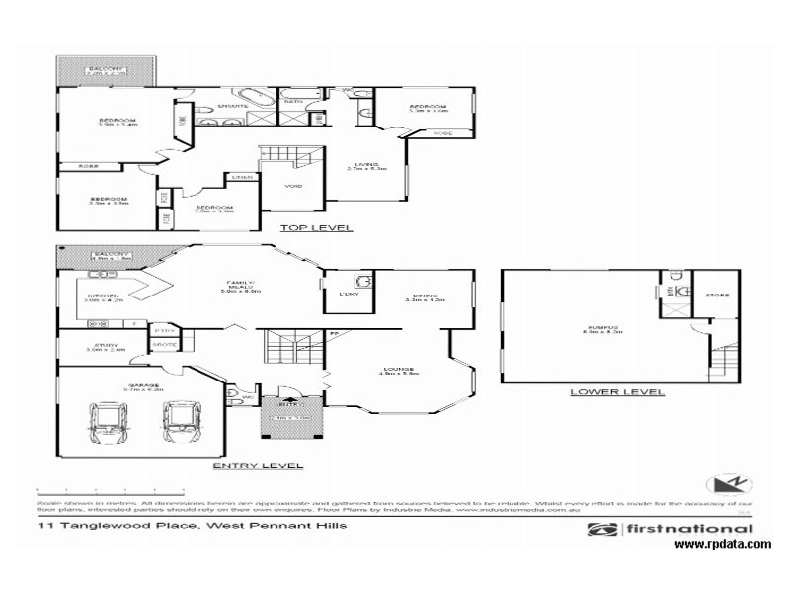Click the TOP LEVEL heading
317,227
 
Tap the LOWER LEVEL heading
616,392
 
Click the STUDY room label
101,346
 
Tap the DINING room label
427,295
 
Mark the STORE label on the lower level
716,296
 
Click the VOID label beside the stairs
294,186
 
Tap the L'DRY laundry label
349,296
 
